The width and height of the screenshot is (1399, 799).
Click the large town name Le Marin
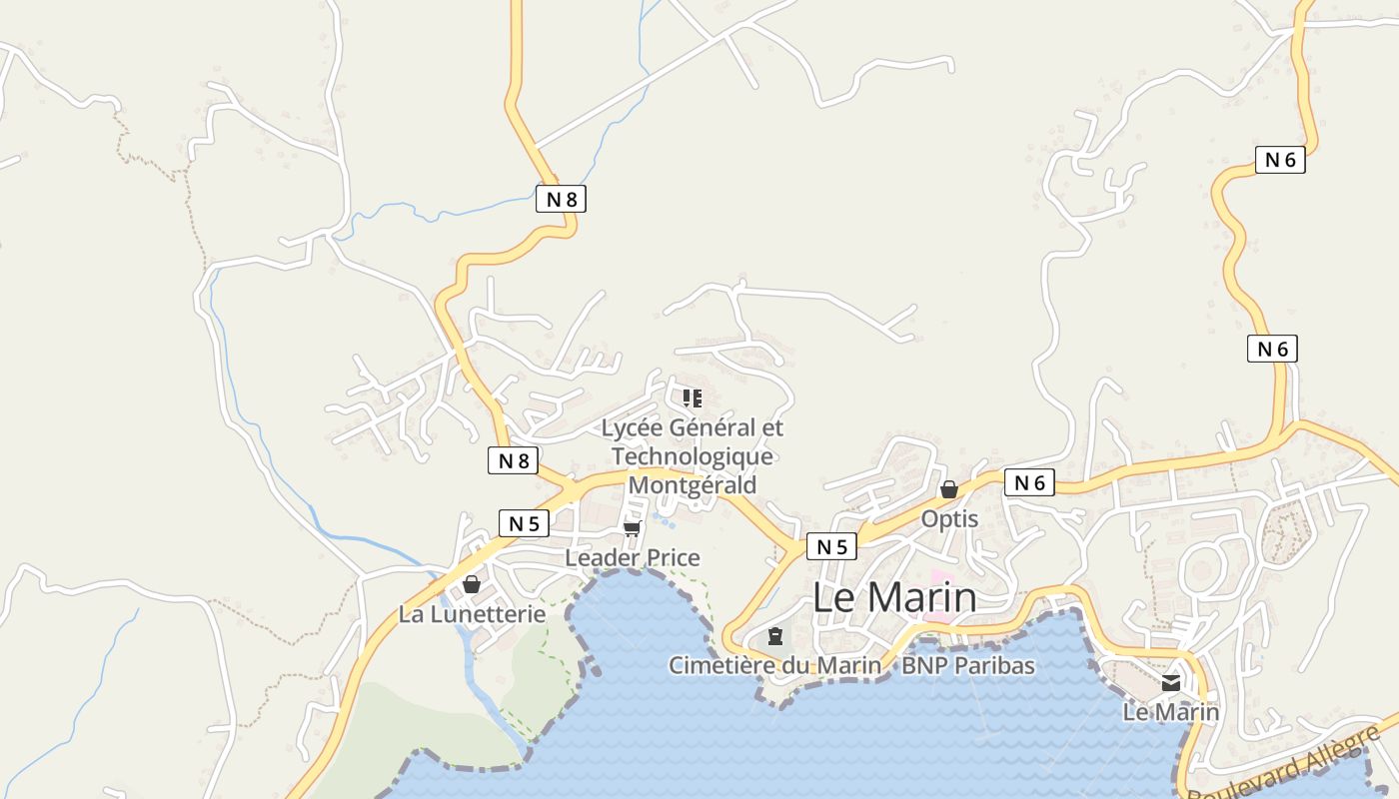point(894,597)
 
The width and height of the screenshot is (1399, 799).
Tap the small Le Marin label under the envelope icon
point(1171,712)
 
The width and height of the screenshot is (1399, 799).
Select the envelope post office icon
point(1171,684)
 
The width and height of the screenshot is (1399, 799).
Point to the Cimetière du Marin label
point(775,665)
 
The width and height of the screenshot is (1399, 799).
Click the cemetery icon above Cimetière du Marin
point(775,636)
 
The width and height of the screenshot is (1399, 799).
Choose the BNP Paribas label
point(968,665)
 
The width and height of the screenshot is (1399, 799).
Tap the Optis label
point(949,519)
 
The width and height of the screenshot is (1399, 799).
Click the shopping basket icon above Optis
point(949,489)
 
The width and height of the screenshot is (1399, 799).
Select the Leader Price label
point(633,557)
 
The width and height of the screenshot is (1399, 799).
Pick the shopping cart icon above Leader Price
point(632,528)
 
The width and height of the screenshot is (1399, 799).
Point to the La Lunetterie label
point(473,614)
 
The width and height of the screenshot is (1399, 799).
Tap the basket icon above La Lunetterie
point(471,584)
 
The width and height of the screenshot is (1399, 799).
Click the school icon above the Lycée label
point(693,399)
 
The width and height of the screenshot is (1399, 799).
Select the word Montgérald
point(693,484)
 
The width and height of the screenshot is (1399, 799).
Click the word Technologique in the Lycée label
point(693,456)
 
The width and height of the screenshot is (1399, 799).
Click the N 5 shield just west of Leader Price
point(524,523)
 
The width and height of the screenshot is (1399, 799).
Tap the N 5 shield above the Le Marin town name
point(831,546)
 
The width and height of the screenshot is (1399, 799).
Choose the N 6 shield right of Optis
point(1029,483)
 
